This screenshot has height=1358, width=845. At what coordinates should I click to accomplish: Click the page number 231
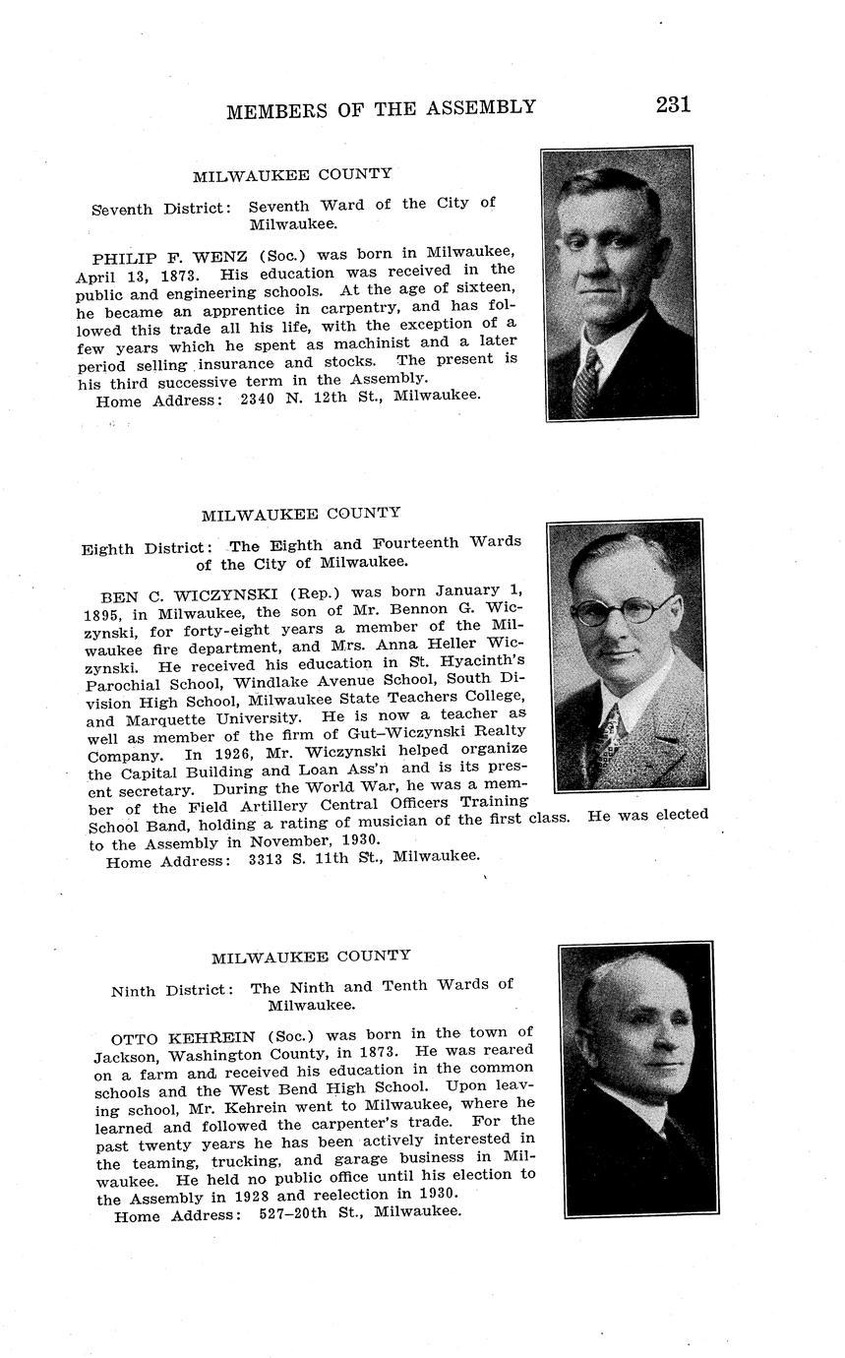[673, 104]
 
